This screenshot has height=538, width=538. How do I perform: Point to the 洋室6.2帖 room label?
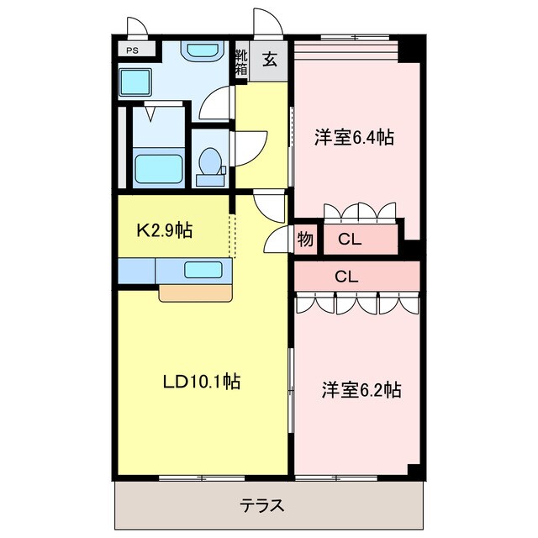pos(361,390)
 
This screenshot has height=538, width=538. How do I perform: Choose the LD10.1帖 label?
pos(202,382)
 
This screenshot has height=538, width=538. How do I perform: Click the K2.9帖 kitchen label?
pos(166,229)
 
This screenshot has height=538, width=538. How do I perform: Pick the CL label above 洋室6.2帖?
pos(345,275)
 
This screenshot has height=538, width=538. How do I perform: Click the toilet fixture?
pos(209,164)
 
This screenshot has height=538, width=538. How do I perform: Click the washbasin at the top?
pos(201,51)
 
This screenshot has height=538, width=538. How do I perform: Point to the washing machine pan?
pos(134,83)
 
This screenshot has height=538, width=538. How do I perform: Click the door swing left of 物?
pos(276,240)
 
